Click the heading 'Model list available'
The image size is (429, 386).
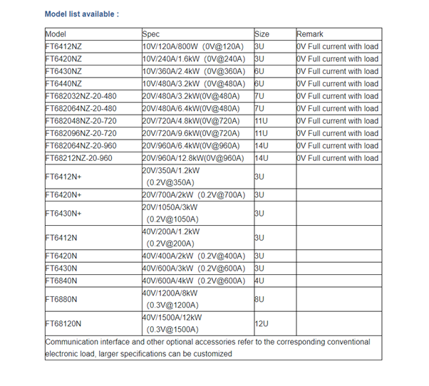coord(82,14)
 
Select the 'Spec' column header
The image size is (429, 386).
coord(151,34)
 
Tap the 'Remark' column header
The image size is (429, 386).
coord(310,34)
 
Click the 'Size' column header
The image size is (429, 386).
coord(262,34)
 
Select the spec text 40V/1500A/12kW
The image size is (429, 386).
coord(172,318)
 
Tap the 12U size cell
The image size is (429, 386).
coord(262,323)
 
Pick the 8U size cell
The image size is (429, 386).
coord(259,299)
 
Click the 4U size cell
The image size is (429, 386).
coord(259,281)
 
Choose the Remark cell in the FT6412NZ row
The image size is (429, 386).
coord(338,47)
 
